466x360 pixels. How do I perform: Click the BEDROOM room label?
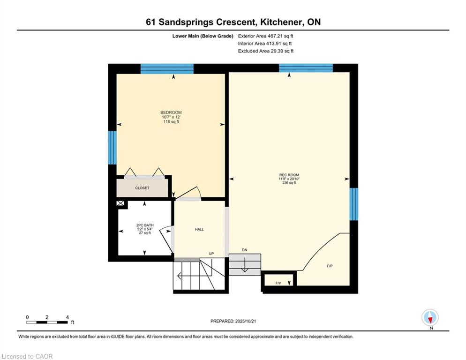coord(171,112)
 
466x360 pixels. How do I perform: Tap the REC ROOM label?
coord(289,175)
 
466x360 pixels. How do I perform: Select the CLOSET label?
coord(142,188)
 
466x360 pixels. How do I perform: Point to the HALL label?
coord(199,229)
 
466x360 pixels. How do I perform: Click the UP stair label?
coord(211,254)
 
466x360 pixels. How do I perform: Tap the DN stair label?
coord(244,250)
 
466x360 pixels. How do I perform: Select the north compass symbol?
coord(430,318)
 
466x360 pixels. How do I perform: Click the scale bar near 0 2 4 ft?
coord(47,322)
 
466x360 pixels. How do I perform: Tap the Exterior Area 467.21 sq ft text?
coord(266,36)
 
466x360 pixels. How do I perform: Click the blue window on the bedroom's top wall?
coord(167,68)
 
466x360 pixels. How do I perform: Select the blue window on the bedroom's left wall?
coord(112,148)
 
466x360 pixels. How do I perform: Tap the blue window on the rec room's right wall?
coord(354,204)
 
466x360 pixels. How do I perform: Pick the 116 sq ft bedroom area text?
coord(171,122)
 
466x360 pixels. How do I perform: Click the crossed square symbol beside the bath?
coord(120,204)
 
